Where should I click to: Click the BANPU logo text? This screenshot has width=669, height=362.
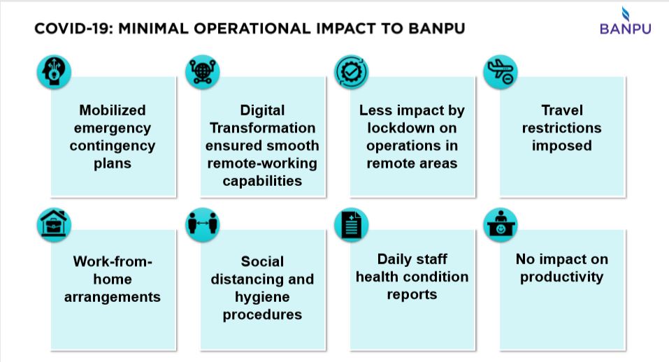pos(625,29)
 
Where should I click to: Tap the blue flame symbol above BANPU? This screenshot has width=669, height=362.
pos(625,13)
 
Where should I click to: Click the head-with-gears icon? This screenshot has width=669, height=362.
pos(54,72)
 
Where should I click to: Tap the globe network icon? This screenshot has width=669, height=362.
pos(203,72)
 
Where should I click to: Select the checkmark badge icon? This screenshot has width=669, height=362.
pos(352,72)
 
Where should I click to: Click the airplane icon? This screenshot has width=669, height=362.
pos(501,72)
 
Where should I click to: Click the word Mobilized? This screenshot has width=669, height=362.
pos(113,110)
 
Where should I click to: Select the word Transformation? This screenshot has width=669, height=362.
pos(263,128)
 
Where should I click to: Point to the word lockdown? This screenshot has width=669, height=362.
pos(412,128)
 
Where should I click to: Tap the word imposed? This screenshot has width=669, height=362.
pos(561,145)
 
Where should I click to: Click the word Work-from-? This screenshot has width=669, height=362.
pos(113,261)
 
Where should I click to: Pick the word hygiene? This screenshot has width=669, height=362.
pos(262,296)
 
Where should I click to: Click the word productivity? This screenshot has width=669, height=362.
pos(561,277)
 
